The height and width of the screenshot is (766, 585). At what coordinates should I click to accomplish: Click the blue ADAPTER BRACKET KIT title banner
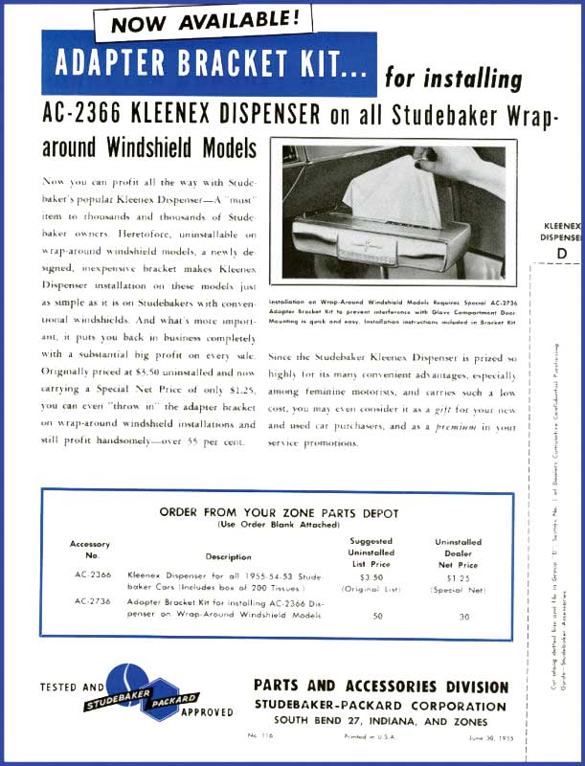[x=208, y=64]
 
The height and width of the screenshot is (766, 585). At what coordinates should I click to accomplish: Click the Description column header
[x=228, y=556]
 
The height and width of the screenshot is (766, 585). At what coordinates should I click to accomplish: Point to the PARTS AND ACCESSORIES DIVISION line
[x=381, y=687]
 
